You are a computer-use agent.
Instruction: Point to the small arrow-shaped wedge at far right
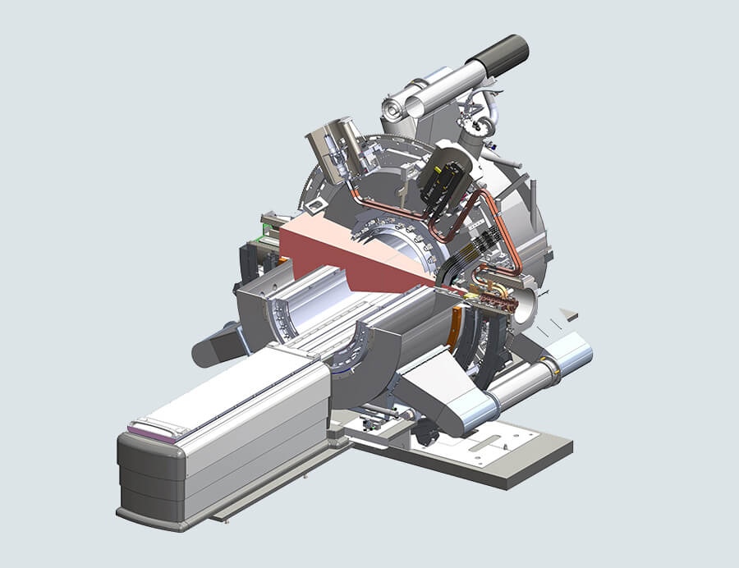[568, 314]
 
